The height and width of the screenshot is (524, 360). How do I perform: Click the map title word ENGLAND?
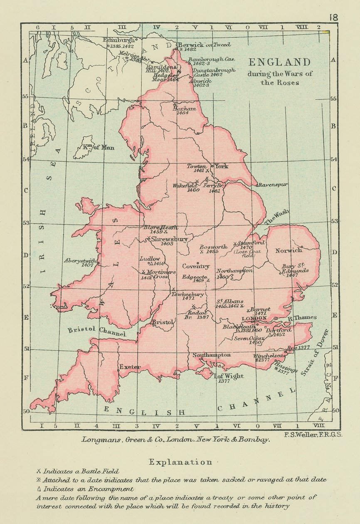click(x=279, y=62)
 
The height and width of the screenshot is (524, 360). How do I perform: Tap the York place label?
click(x=221, y=166)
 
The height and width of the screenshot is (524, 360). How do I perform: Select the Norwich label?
click(x=289, y=250)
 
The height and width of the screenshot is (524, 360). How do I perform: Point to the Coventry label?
click(x=196, y=266)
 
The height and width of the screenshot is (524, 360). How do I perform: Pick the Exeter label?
click(x=130, y=367)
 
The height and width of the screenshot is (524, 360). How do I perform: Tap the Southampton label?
click(x=211, y=355)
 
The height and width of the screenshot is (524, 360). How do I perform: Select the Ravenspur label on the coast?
click(x=274, y=185)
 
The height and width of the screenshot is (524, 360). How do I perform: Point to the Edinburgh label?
click(x=119, y=40)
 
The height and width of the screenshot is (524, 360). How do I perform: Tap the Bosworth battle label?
click(x=213, y=247)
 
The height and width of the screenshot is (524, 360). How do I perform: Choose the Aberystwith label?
click(x=80, y=261)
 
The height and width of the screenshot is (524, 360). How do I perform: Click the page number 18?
click(x=333, y=17)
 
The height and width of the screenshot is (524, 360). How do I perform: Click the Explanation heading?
click(x=180, y=462)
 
